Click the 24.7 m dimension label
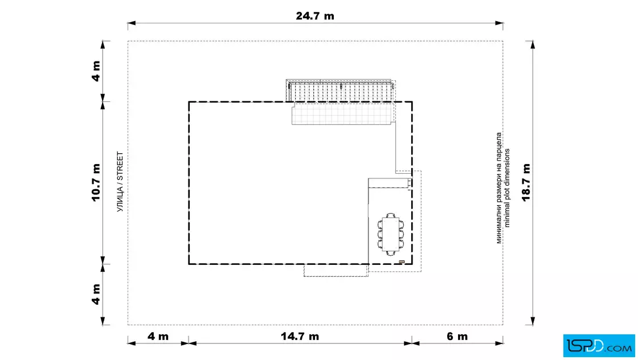tap(315, 16)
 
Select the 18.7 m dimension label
tap(526, 183)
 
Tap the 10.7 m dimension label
tap(96, 183)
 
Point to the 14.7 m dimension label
tap(300, 337)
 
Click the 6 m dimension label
tap(457, 337)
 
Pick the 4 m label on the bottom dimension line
tap(158, 337)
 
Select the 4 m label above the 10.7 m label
tap(96, 71)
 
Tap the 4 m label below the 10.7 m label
tap(96, 294)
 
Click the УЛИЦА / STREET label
tap(120, 182)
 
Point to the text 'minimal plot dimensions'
tap(506, 188)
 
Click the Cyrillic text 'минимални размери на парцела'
tap(499, 188)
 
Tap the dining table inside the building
tap(391, 235)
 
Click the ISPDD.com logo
tap(599, 346)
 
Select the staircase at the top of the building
tap(341, 91)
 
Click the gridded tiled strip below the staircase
tap(343, 113)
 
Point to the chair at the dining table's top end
tap(391, 215)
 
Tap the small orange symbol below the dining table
tap(402, 262)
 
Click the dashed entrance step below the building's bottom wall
tap(336, 271)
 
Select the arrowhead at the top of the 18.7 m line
tap(533, 44)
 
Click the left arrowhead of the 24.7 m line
tap(132, 23)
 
